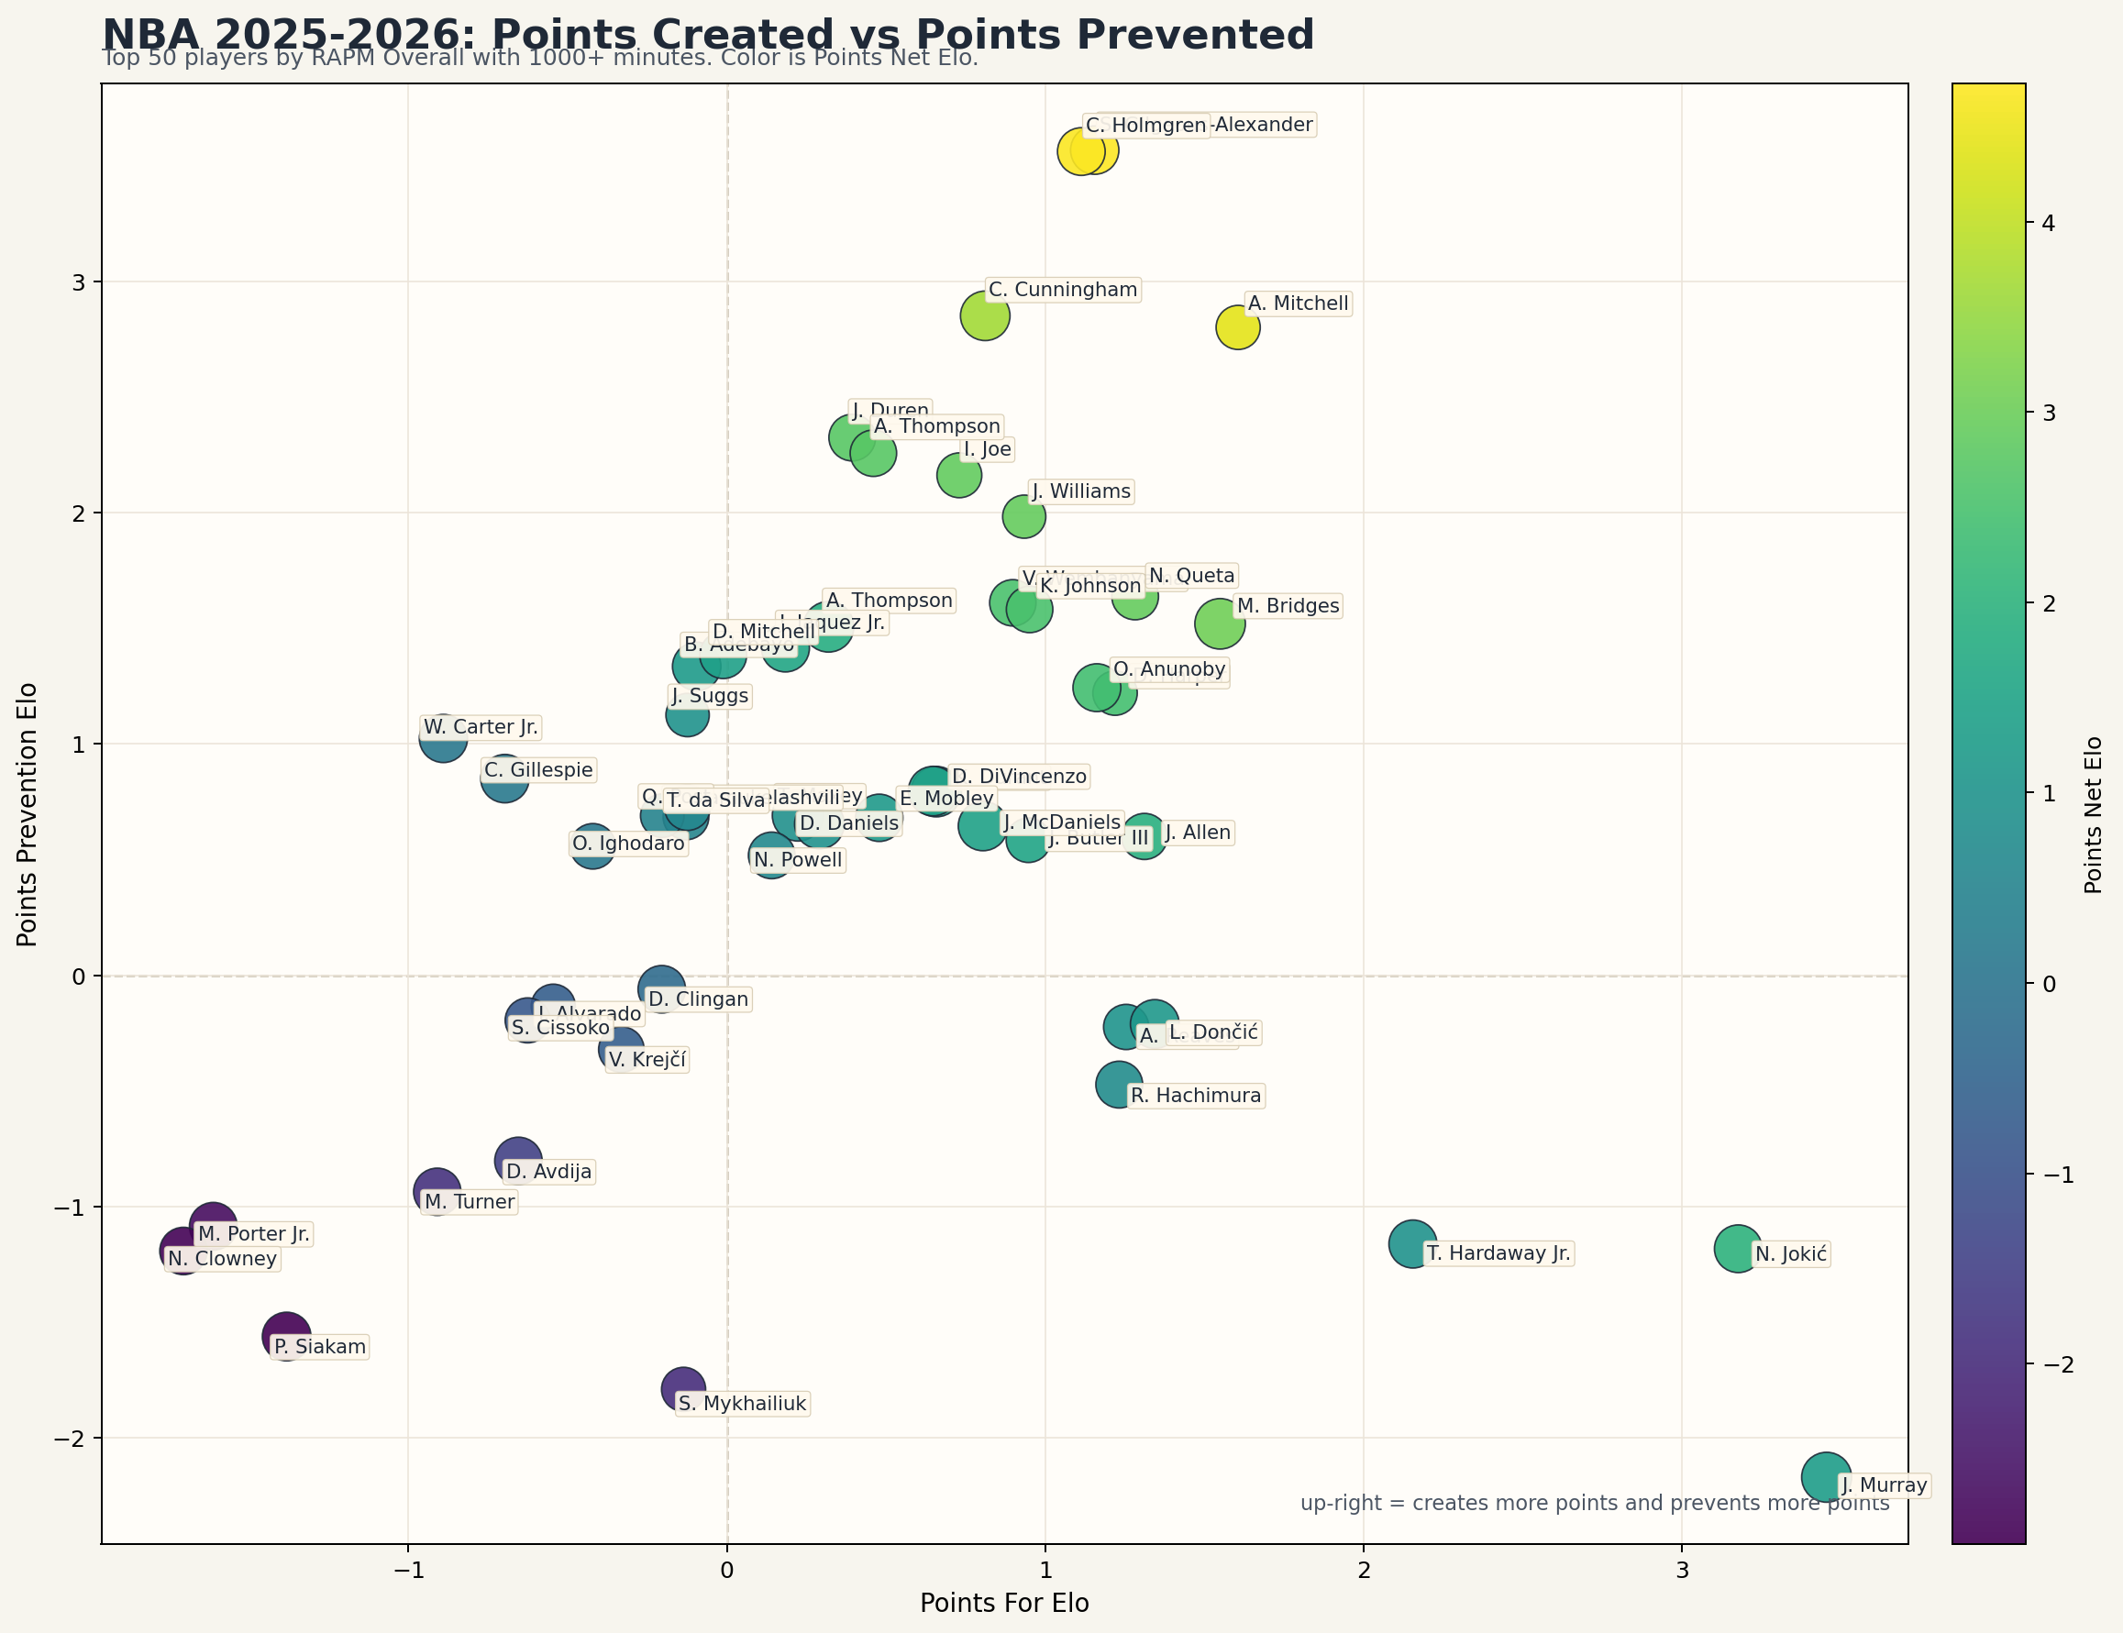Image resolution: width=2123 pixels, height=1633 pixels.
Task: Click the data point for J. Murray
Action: pyautogui.click(x=1826, y=1476)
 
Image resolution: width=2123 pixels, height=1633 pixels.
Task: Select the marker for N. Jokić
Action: pyautogui.click(x=1738, y=1248)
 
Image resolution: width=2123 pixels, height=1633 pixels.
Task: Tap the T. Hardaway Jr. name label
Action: pyautogui.click(x=1498, y=1252)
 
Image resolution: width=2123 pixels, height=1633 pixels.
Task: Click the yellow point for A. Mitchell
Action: pyautogui.click(x=1237, y=326)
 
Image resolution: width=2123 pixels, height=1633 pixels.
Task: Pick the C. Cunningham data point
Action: pyautogui.click(x=985, y=316)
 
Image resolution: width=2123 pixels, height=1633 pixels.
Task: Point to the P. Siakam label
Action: pyautogui.click(x=320, y=1346)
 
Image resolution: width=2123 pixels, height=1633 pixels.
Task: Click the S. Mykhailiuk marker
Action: pyautogui.click(x=683, y=1389)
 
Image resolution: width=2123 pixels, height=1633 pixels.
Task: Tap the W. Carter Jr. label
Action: pyautogui.click(x=481, y=727)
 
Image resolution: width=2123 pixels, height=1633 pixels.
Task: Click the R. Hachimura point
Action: pyautogui.click(x=1119, y=1085)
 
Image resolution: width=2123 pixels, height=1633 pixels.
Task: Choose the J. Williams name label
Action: pyautogui.click(x=1081, y=491)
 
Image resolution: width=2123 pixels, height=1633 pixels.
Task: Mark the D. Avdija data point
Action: pyautogui.click(x=518, y=1160)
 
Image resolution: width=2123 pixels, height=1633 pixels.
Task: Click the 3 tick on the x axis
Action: pyautogui.click(x=1682, y=1572)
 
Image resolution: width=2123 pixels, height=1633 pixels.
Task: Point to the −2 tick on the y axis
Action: pyautogui.click(x=71, y=1439)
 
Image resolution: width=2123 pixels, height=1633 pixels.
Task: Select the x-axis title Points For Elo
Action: pyautogui.click(x=1004, y=1603)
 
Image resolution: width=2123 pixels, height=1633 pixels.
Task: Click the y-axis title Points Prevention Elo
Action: pyautogui.click(x=28, y=813)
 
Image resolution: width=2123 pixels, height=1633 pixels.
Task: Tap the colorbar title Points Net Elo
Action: pyautogui.click(x=2093, y=813)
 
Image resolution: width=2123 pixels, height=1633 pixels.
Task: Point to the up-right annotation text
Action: pyautogui.click(x=1594, y=1503)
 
